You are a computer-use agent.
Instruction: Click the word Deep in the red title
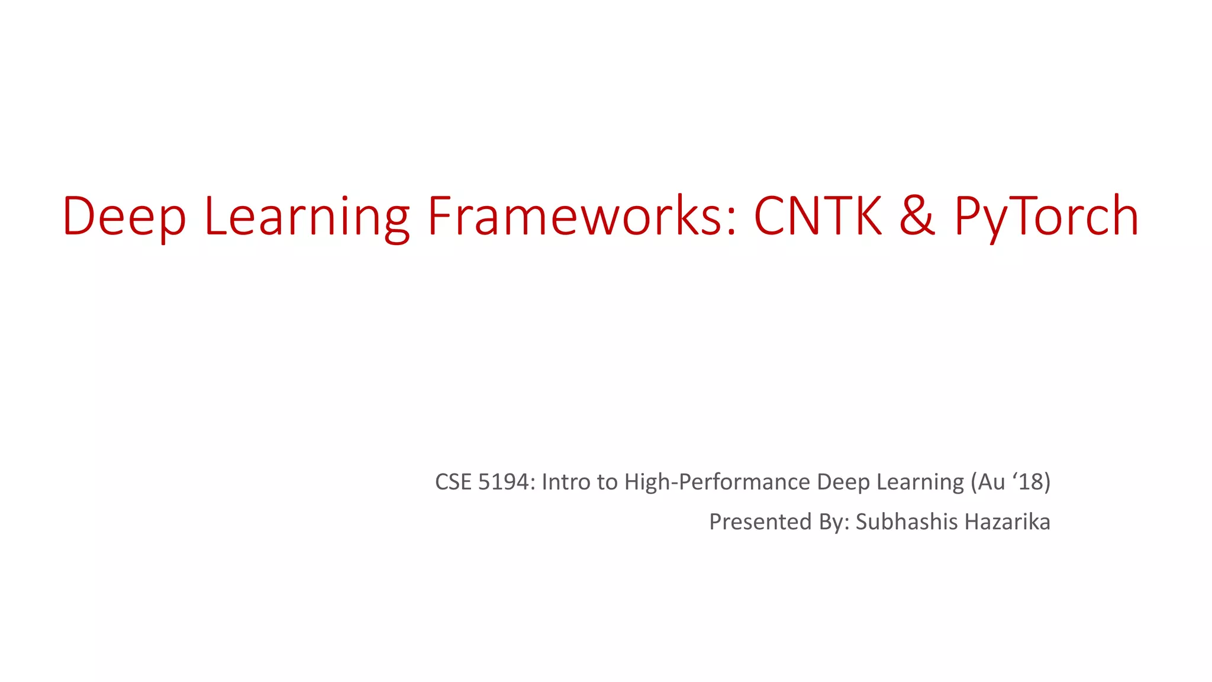pos(124,216)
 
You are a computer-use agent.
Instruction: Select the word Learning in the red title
pos(307,216)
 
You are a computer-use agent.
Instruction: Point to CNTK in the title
pos(818,216)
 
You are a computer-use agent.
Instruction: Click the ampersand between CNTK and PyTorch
pos(917,216)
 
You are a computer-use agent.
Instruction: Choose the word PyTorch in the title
pos(1046,216)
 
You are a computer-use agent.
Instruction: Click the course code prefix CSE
pos(453,482)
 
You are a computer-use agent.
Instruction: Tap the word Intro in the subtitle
pos(566,482)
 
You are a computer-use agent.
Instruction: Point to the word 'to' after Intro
pos(607,482)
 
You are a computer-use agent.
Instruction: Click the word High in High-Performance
pos(647,482)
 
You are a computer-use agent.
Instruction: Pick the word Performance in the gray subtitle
pos(744,482)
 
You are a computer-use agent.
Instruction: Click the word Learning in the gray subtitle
pos(920,482)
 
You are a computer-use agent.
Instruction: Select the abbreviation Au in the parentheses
pos(991,482)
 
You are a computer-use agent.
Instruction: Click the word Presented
pos(760,522)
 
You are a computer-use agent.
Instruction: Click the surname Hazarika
pos(1007,522)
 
